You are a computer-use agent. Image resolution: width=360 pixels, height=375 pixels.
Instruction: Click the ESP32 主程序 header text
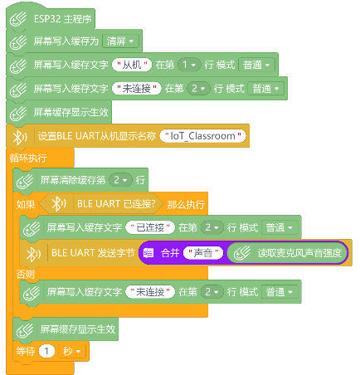point(62,19)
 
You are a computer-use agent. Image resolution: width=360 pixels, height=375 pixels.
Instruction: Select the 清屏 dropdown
point(120,41)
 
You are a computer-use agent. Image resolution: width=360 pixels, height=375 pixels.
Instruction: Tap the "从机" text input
point(132,65)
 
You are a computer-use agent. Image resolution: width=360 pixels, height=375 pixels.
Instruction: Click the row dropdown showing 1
point(189,65)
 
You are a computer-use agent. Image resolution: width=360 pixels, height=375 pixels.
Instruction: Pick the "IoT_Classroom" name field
point(202,136)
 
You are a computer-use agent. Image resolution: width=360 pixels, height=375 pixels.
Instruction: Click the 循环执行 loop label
point(28,158)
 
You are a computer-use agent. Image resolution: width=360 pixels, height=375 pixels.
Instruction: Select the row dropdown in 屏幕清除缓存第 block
point(121,180)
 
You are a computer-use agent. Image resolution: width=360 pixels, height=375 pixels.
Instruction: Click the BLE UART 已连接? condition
point(101,204)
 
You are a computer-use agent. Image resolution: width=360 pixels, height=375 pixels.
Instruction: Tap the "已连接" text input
point(150,227)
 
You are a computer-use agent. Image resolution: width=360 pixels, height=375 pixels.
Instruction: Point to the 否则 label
point(26,274)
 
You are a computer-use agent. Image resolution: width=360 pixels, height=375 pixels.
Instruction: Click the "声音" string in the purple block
point(203,253)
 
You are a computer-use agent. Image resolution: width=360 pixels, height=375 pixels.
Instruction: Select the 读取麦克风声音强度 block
point(287,253)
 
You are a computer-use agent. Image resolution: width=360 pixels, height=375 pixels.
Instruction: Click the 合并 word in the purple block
point(170,253)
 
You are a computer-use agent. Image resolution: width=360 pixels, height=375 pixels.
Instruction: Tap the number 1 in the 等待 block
point(46,351)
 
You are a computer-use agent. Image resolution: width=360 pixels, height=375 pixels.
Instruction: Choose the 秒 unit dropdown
point(72,351)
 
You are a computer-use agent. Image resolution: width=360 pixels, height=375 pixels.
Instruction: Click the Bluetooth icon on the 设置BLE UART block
point(20,136)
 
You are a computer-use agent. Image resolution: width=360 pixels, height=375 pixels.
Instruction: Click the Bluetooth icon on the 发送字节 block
point(33,253)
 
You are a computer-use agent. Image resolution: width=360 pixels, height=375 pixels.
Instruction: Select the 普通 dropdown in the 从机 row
point(256,65)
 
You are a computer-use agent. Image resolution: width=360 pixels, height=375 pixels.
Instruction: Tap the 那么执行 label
point(186,204)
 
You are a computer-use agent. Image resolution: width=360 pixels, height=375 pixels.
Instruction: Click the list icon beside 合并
point(148,253)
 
